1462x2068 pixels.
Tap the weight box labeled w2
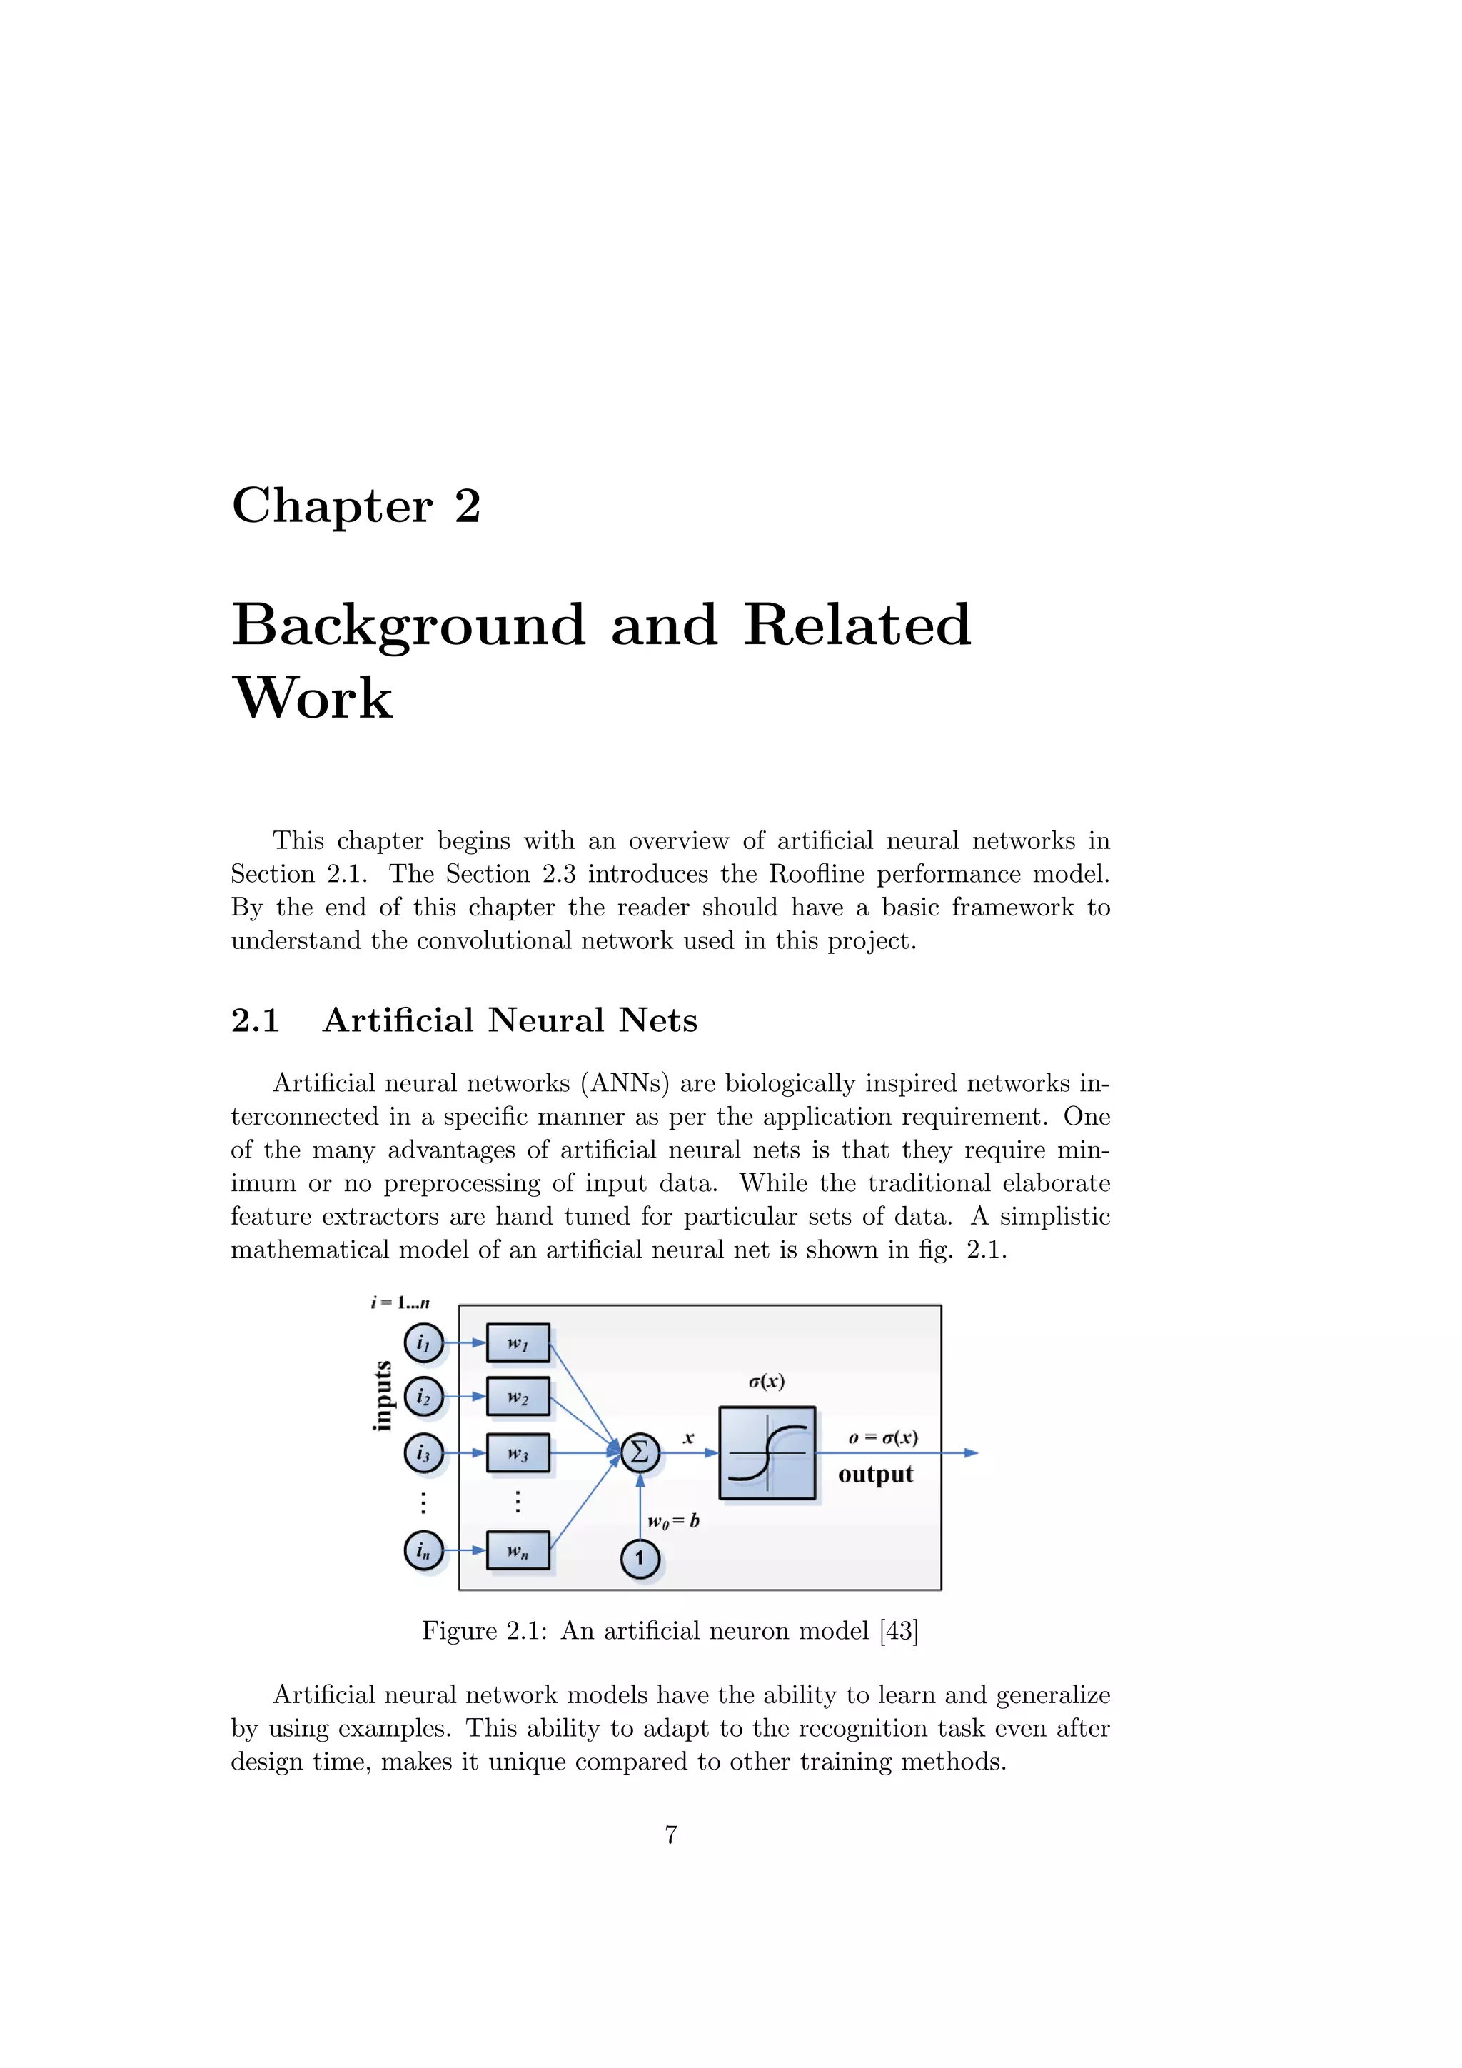click(518, 1397)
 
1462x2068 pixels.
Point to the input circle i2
click(423, 1397)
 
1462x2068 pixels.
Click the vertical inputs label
click(383, 1396)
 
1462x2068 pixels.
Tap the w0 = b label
click(673, 1521)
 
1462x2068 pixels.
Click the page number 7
click(671, 1834)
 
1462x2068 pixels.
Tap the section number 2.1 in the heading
click(256, 1020)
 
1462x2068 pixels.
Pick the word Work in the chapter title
click(313, 698)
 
